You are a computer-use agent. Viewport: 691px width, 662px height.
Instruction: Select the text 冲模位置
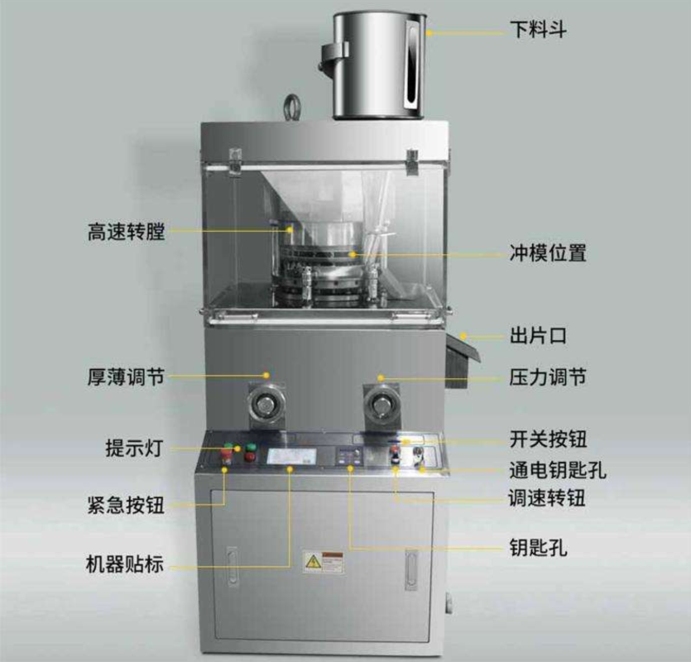pyautogui.click(x=547, y=253)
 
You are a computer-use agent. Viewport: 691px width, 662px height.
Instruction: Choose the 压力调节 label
pyautogui.click(x=547, y=377)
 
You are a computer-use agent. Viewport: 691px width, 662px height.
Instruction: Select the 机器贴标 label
pyautogui.click(x=125, y=566)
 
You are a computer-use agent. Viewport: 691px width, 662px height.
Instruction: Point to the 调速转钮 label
pyautogui.click(x=547, y=499)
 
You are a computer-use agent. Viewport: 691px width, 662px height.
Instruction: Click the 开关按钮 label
pyautogui.click(x=547, y=438)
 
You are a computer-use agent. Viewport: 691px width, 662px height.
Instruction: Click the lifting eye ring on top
pyautogui.click(x=292, y=107)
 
